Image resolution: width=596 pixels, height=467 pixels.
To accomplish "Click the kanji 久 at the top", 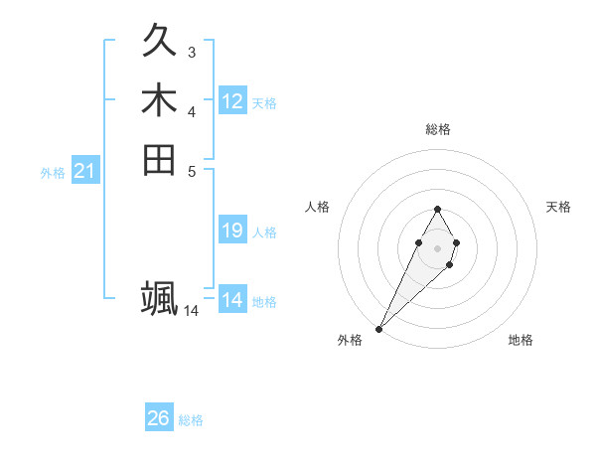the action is (x=159, y=43).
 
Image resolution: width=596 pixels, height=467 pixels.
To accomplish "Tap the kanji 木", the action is (x=159, y=101).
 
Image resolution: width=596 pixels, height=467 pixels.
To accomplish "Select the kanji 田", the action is (x=159, y=159).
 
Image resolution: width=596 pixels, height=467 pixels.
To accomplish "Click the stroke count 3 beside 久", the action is (x=191, y=52).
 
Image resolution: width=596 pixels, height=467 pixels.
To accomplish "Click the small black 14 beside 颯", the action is (x=191, y=310).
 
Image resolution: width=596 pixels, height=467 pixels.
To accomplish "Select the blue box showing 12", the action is (x=232, y=101).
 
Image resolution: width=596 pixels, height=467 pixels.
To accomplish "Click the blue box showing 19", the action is (x=232, y=231).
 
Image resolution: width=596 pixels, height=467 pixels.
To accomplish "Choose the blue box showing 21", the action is (x=85, y=172).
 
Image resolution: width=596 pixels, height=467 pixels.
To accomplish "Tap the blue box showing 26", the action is (x=159, y=418).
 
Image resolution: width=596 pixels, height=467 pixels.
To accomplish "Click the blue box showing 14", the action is (x=232, y=300).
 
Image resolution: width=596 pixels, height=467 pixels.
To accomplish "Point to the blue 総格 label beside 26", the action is (x=191, y=420).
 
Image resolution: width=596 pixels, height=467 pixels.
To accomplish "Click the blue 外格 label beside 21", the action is (x=53, y=173).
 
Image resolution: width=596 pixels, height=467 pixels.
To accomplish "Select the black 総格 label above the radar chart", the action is (x=437, y=129).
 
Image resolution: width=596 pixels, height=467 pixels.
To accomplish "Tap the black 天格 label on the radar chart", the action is (x=558, y=207).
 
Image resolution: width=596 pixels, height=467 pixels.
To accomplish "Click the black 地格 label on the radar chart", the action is (x=521, y=340).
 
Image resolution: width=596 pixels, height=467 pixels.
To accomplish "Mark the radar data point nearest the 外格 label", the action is (x=379, y=328).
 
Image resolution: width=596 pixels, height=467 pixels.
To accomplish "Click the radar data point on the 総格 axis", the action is (x=437, y=209).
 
